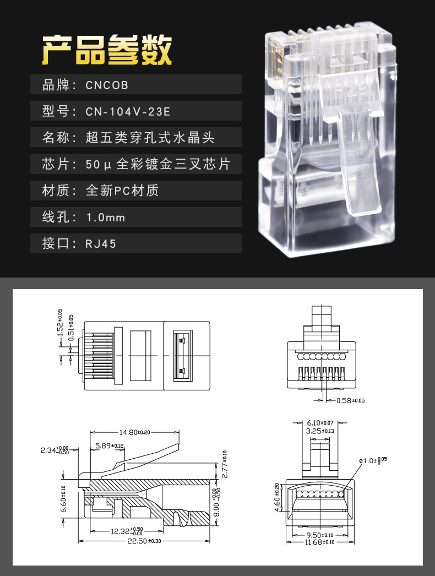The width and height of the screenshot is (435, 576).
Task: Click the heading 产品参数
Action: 107,51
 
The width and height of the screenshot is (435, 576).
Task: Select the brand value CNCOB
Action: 107,85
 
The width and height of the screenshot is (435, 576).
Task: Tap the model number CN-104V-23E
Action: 128,112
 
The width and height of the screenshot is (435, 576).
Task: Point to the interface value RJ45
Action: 101,243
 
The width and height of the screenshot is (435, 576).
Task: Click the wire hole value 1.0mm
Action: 106,218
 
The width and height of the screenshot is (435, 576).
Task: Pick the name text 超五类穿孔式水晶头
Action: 150,138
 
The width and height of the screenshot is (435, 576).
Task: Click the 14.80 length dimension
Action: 132,432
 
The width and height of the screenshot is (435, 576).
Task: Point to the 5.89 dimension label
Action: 108,445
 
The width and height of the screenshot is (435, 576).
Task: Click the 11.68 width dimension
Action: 319,542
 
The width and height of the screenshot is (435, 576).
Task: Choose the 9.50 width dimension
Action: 319,534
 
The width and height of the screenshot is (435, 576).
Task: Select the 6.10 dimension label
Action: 320,422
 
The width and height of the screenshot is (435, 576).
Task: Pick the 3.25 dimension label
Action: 320,431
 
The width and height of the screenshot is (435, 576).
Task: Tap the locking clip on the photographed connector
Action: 361,160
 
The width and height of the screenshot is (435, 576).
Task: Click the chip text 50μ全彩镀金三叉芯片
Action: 157,164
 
